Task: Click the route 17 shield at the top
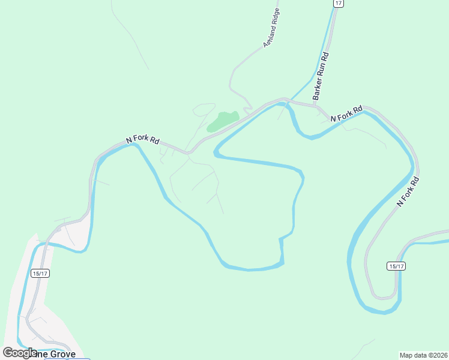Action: pyautogui.click(x=339, y=4)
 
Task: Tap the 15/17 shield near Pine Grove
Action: pyautogui.click(x=40, y=273)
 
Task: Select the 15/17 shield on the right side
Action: pyautogui.click(x=395, y=266)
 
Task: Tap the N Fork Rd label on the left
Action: pyautogui.click(x=142, y=139)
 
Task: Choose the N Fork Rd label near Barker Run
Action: pyautogui.click(x=346, y=114)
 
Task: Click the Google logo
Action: pyautogui.click(x=20, y=353)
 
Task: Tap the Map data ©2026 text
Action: pyautogui.click(x=423, y=355)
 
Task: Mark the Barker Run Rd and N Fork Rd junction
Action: pyautogui.click(x=316, y=106)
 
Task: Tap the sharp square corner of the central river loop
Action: pyautogui.click(x=280, y=239)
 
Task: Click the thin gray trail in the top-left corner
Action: pyautogui.click(x=129, y=36)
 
